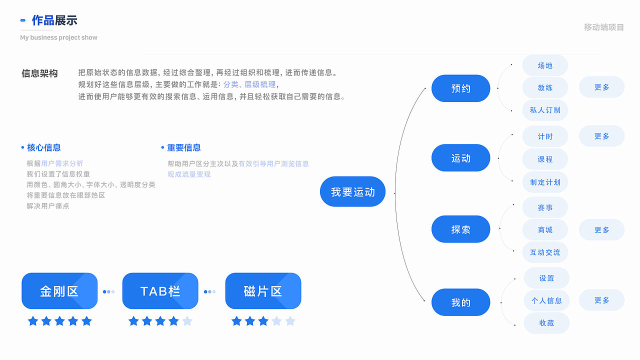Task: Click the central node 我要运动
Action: [x=352, y=191]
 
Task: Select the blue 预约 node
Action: [x=460, y=88]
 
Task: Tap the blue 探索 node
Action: [x=460, y=229]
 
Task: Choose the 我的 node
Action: [x=460, y=302]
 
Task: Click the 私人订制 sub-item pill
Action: [x=545, y=110]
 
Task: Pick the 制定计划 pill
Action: [x=545, y=182]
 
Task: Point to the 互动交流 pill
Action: [x=545, y=252]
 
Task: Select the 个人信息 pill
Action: [x=546, y=300]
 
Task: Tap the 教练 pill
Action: [x=545, y=87]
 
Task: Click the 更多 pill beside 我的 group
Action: [x=601, y=300]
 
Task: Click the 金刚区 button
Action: [x=59, y=291]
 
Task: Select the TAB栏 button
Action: [x=160, y=291]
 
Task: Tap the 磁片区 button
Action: [x=263, y=291]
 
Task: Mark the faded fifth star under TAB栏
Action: [x=187, y=321]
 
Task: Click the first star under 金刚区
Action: [x=33, y=321]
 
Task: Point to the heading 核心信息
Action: [x=44, y=147]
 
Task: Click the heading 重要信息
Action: [x=183, y=147]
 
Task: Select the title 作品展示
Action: [x=54, y=20]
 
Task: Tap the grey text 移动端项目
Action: [x=604, y=27]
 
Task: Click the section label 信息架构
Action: [x=39, y=73]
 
